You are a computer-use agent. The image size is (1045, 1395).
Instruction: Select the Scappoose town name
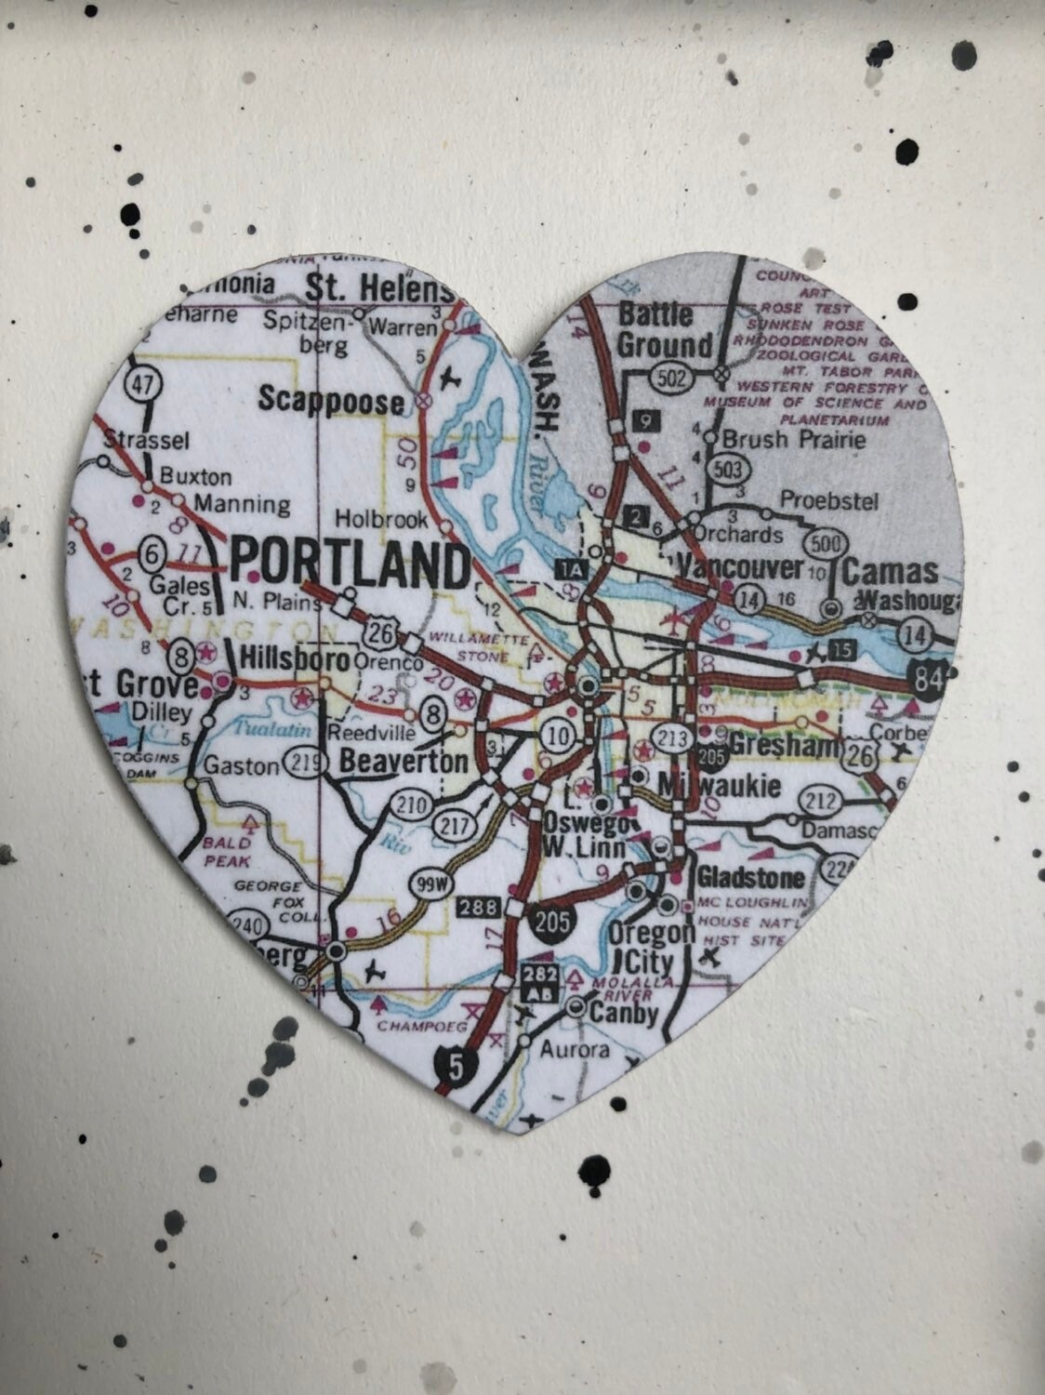coord(331,401)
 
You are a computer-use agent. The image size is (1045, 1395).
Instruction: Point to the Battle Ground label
coord(665,329)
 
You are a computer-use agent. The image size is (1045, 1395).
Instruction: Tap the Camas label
coord(890,571)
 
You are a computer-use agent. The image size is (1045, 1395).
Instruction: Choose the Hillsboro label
coord(295,659)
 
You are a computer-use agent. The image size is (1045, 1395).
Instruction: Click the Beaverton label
coord(403,762)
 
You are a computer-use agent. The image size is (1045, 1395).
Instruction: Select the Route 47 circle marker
coord(146,384)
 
